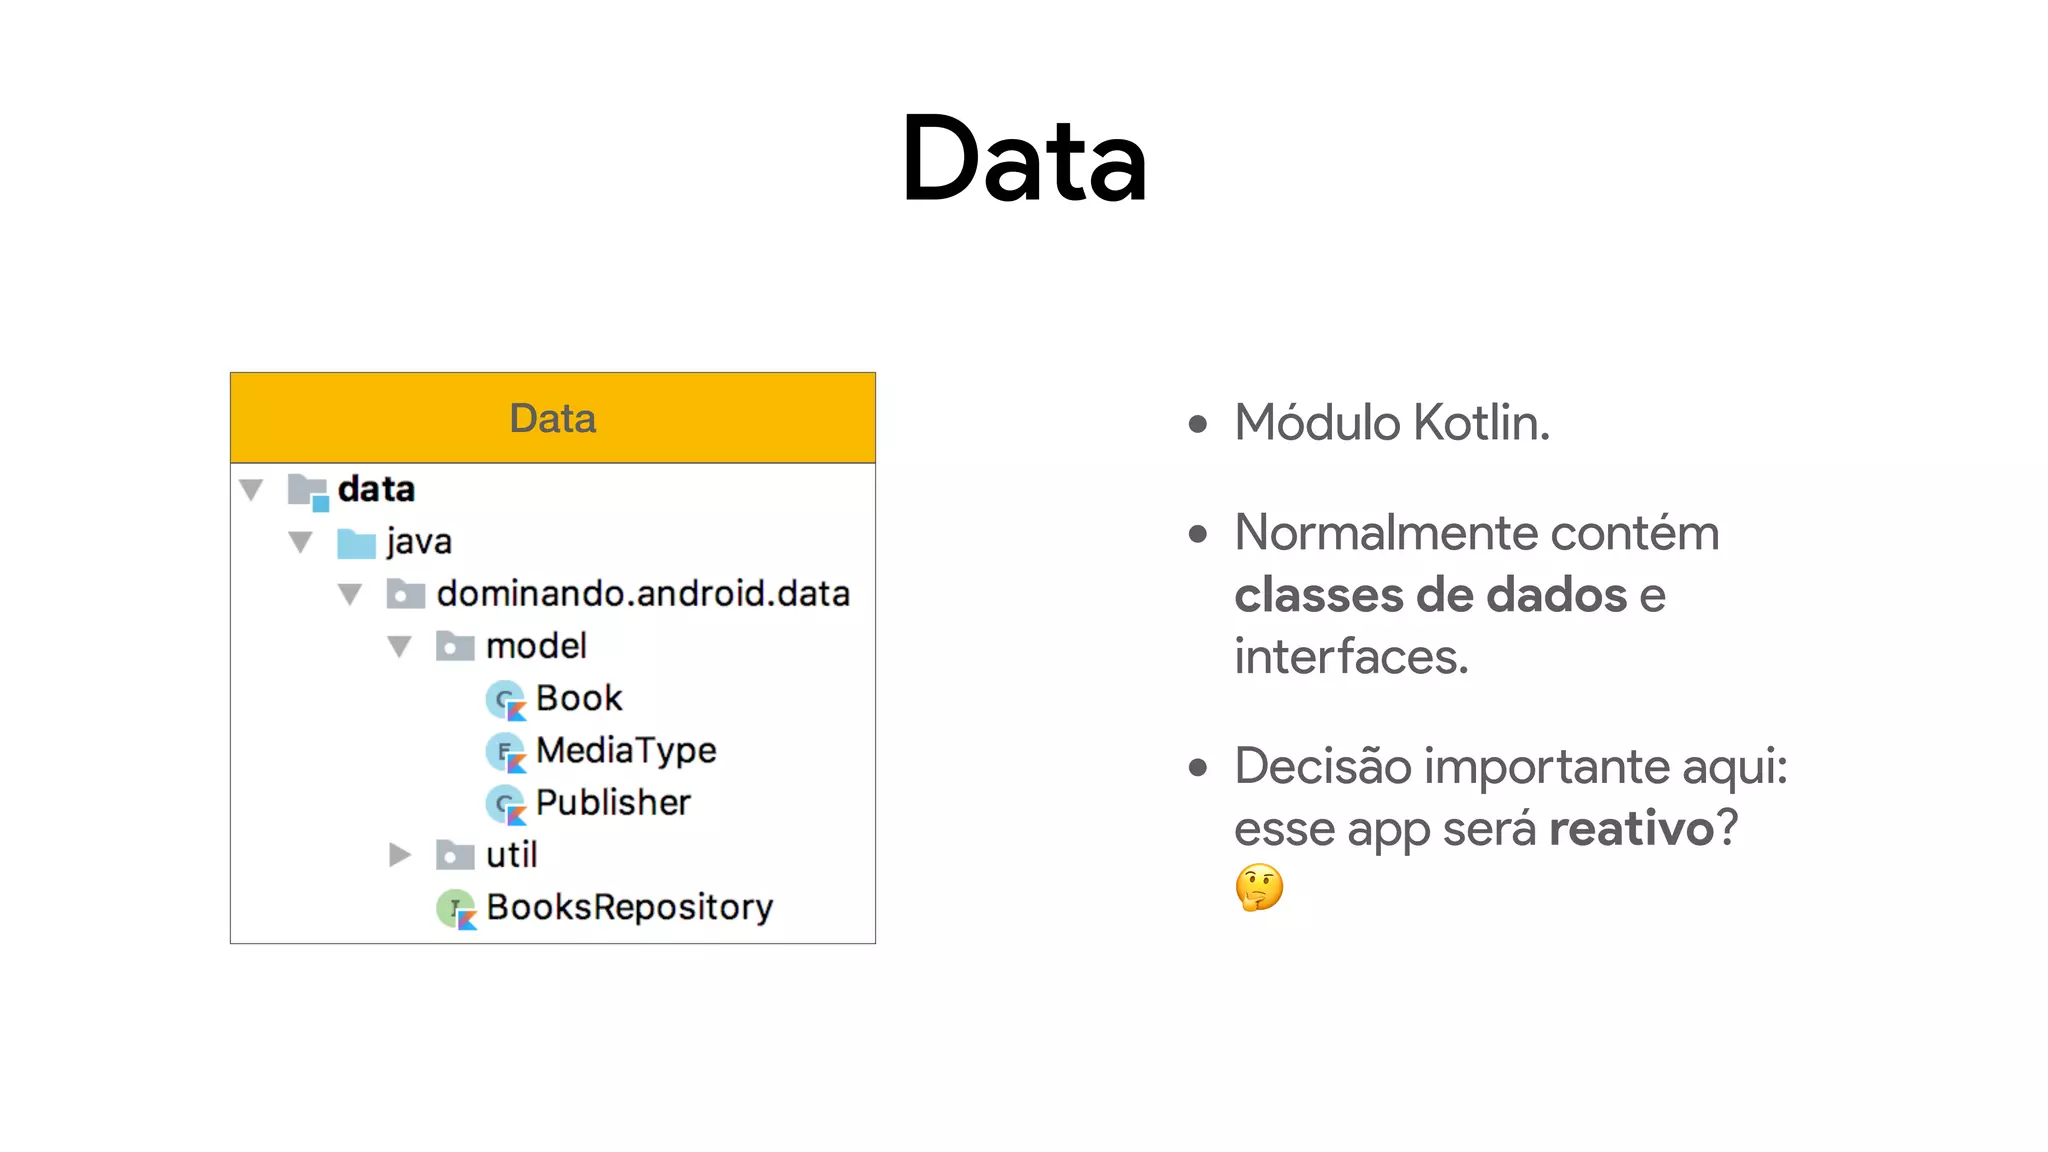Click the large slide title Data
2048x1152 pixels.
click(1024, 160)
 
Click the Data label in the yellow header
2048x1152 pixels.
click(552, 418)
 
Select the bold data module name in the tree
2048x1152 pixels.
click(376, 489)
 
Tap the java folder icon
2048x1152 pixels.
click(356, 543)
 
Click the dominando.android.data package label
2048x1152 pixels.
click(643, 594)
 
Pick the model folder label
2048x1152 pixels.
click(536, 646)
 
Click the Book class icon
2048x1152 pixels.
click(505, 699)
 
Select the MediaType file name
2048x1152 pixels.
click(626, 750)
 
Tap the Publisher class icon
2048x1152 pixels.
click(505, 804)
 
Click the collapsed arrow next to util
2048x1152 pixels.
click(400, 855)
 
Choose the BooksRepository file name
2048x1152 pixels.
click(630, 907)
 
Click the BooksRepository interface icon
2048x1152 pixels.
click(456, 909)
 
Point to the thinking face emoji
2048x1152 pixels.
click(1259, 887)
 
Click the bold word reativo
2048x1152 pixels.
click(1631, 828)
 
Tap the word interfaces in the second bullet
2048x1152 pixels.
click(1351, 657)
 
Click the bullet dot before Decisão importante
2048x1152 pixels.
click(1198, 768)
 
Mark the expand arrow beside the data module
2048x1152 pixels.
click(251, 490)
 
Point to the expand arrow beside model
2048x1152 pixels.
click(400, 647)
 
